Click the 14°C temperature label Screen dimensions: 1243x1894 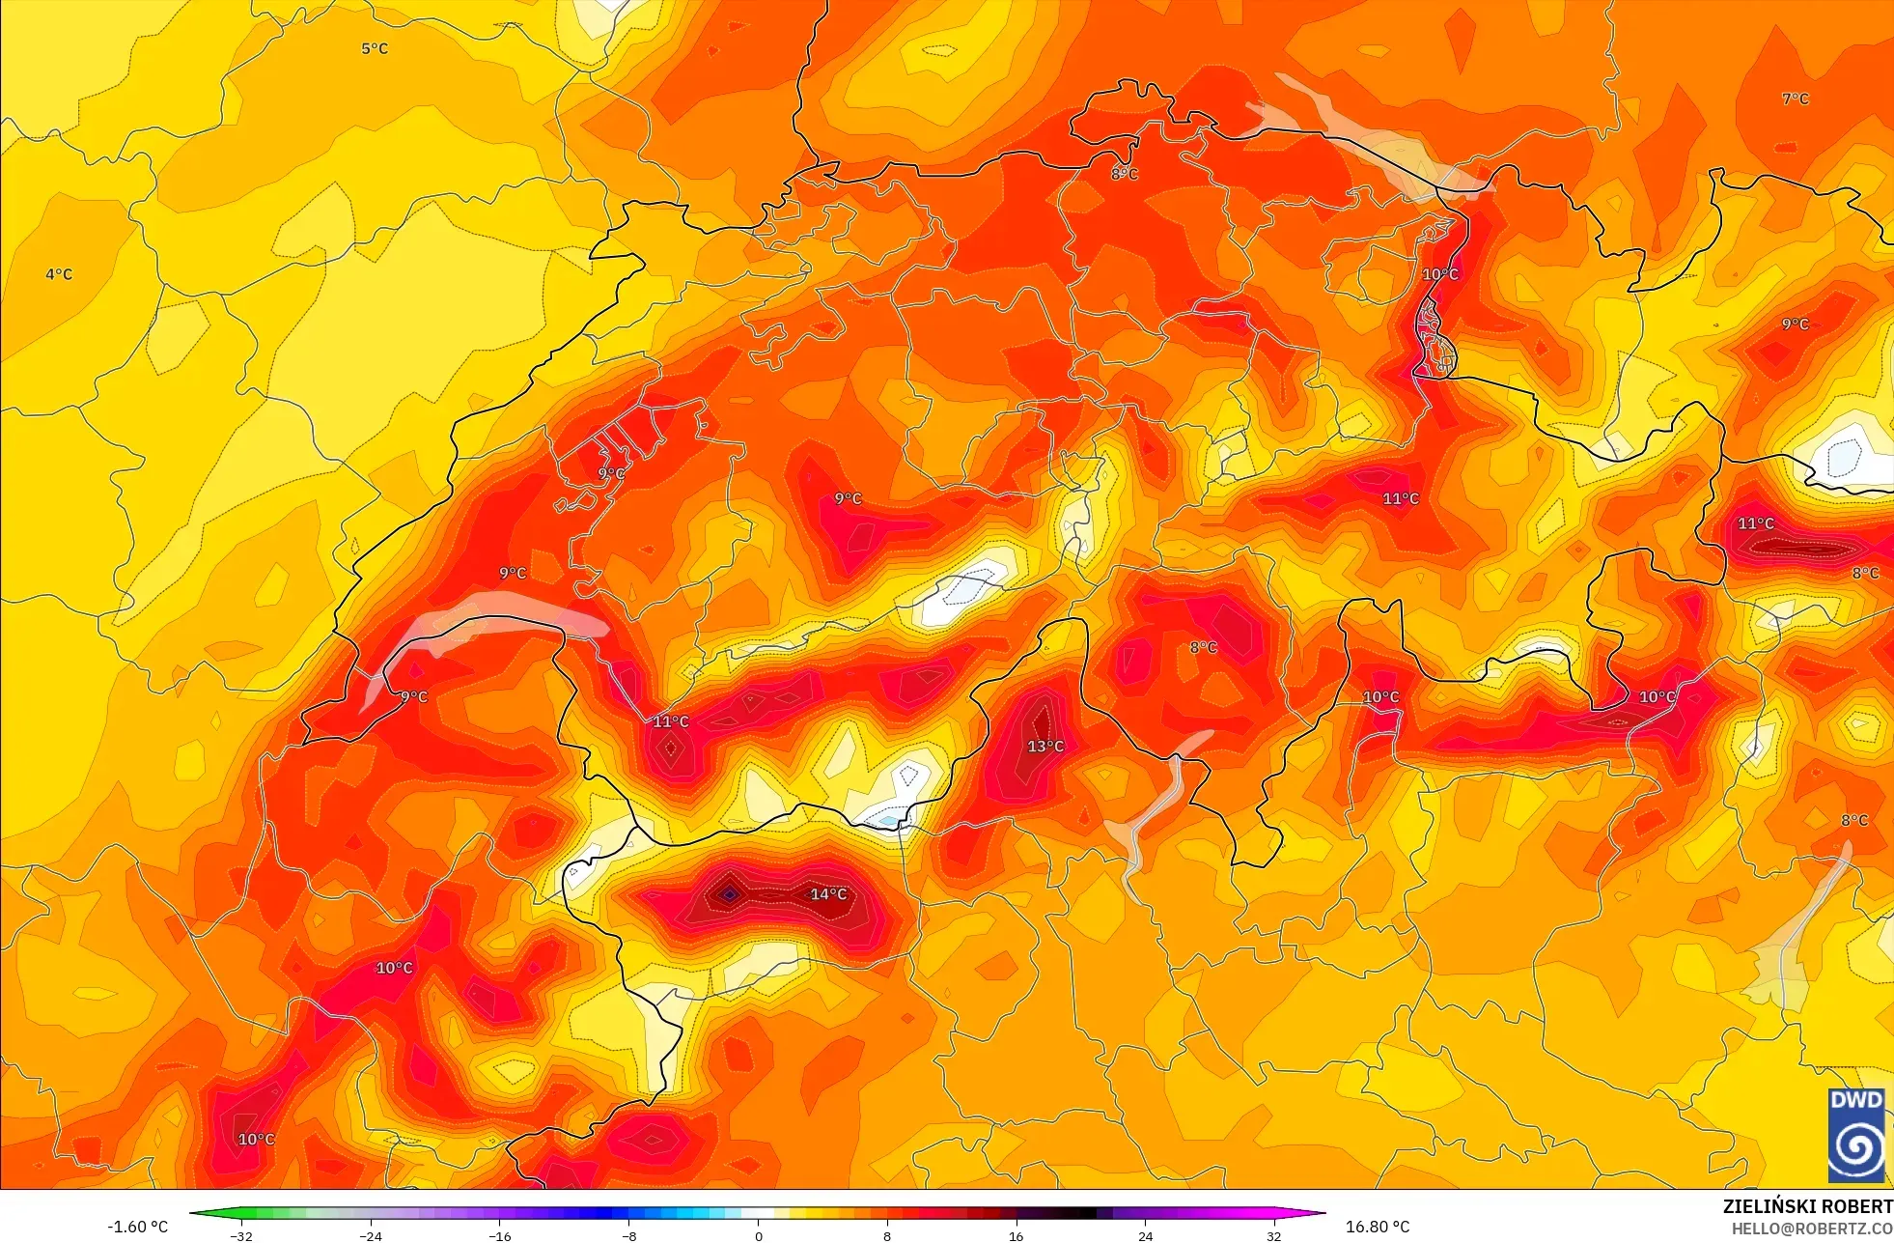(828, 894)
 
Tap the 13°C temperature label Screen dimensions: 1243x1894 (1045, 747)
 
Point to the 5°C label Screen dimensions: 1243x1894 (375, 48)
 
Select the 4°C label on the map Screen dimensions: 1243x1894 (59, 274)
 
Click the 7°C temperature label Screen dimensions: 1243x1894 (1796, 99)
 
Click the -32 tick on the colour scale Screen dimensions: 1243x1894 (241, 1235)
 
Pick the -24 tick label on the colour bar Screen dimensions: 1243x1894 (371, 1235)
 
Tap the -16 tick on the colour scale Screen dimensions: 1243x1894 (499, 1235)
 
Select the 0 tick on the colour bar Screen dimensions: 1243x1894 (759, 1235)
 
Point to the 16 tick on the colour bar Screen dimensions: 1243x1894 (1016, 1235)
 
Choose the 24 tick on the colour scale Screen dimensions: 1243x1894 (1145, 1235)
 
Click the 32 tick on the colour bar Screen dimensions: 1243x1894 (1274, 1235)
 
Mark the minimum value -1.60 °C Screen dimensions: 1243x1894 (137, 1227)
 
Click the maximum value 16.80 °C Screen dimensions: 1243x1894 (1378, 1227)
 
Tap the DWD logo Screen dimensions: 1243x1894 (1856, 1135)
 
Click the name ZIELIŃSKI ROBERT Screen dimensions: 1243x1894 (1807, 1206)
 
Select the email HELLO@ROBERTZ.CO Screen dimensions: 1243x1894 (1811, 1229)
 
